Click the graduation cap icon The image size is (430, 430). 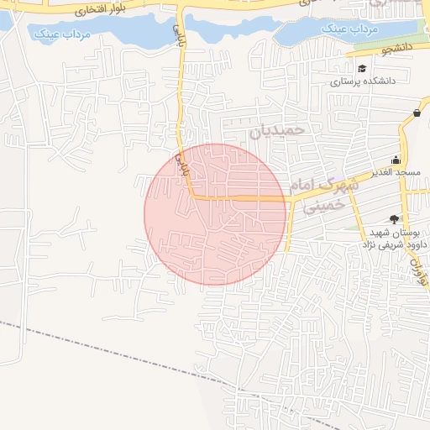click(361, 69)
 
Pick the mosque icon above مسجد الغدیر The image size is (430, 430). click(396, 160)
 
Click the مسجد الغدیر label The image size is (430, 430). click(396, 172)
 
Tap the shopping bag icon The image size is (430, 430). click(417, 113)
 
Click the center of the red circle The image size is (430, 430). click(215, 214)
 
